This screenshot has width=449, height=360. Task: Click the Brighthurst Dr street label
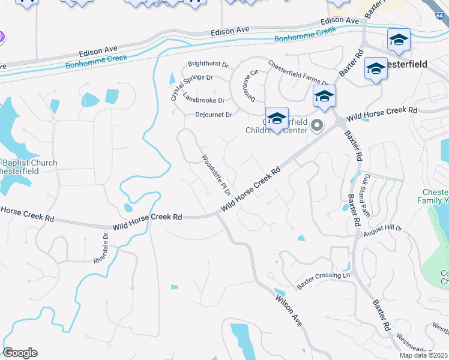[208, 64]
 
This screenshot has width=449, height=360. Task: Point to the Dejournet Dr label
[213, 115]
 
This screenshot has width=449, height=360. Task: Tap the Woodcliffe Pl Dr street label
[216, 175]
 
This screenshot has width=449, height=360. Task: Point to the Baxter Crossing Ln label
[323, 275]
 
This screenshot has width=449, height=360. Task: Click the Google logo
[20, 353]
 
